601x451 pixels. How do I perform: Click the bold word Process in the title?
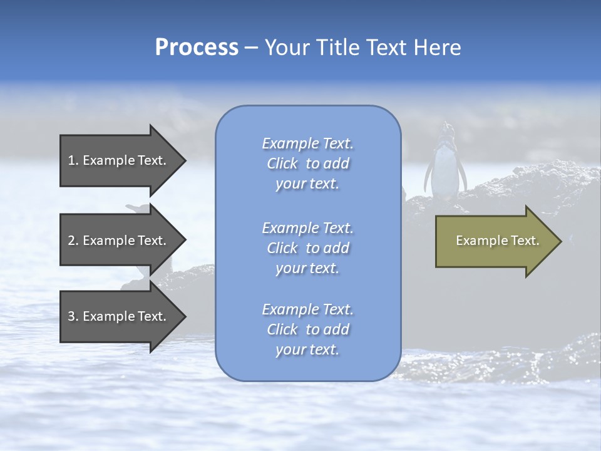tap(197, 48)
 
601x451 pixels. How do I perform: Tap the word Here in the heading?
tap(437, 48)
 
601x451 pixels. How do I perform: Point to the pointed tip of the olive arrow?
tap(560, 241)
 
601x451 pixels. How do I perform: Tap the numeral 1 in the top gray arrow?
tap(71, 160)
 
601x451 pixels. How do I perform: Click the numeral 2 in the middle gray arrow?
tap(71, 241)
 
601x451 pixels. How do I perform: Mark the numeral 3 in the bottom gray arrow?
tap(71, 316)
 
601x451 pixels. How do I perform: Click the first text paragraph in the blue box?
tap(308, 163)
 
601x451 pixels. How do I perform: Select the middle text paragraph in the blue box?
tap(308, 248)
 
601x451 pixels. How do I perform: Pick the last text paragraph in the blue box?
tap(308, 329)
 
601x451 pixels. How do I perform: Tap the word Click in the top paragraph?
tap(282, 163)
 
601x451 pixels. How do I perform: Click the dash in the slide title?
tap(252, 48)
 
